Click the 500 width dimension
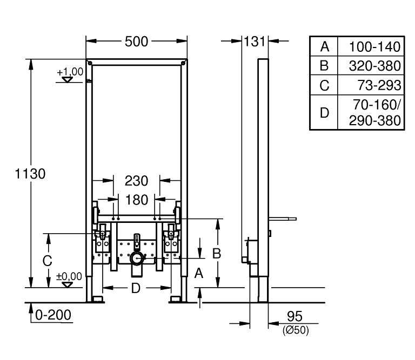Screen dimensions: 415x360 (136, 42)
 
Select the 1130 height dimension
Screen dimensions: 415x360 (30, 174)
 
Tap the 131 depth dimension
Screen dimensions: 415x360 (255, 42)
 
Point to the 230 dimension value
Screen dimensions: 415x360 (136, 181)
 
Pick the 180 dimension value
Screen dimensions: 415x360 (137, 200)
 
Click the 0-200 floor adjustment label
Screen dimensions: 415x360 (53, 315)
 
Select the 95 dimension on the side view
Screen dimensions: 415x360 (294, 316)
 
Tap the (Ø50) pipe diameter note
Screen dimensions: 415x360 (296, 330)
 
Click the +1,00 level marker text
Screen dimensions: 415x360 (70, 72)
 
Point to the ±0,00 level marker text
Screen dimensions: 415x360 (69, 276)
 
